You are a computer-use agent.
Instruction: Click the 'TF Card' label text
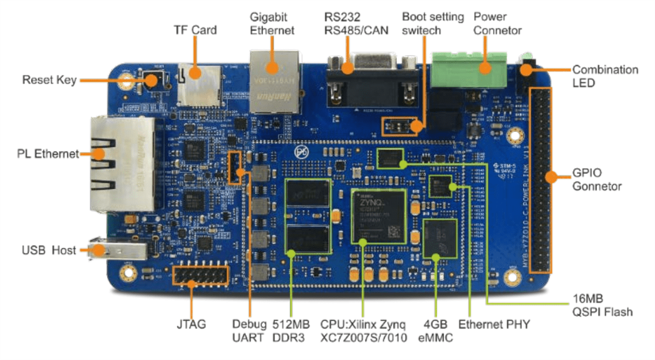pyautogui.click(x=195, y=30)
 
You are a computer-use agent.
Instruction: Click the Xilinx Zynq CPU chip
pyautogui.click(x=379, y=217)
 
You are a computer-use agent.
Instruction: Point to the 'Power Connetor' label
pyautogui.click(x=497, y=23)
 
